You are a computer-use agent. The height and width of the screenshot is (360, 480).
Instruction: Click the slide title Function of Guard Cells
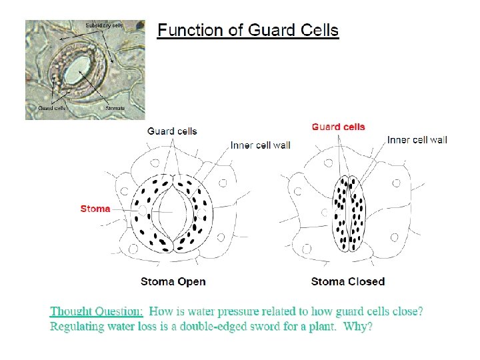pyautogui.click(x=247, y=31)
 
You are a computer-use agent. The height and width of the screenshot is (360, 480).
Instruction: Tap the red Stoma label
pyautogui.click(x=95, y=209)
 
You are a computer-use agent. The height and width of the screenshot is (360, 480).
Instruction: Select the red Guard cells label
pyautogui.click(x=339, y=127)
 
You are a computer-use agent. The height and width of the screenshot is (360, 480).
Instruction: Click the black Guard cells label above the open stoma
pyautogui.click(x=172, y=131)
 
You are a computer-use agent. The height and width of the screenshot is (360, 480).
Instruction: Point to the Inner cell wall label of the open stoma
pyautogui.click(x=261, y=145)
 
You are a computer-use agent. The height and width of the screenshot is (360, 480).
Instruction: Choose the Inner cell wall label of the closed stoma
pyautogui.click(x=417, y=140)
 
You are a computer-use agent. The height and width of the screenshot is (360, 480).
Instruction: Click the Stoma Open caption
pyautogui.click(x=173, y=281)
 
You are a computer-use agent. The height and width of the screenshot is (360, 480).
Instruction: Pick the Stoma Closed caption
pyautogui.click(x=348, y=281)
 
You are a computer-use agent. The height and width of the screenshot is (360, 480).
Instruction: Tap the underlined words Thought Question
pyautogui.click(x=97, y=311)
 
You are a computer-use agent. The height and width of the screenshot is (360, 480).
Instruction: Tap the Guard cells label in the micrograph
pyautogui.click(x=51, y=107)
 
